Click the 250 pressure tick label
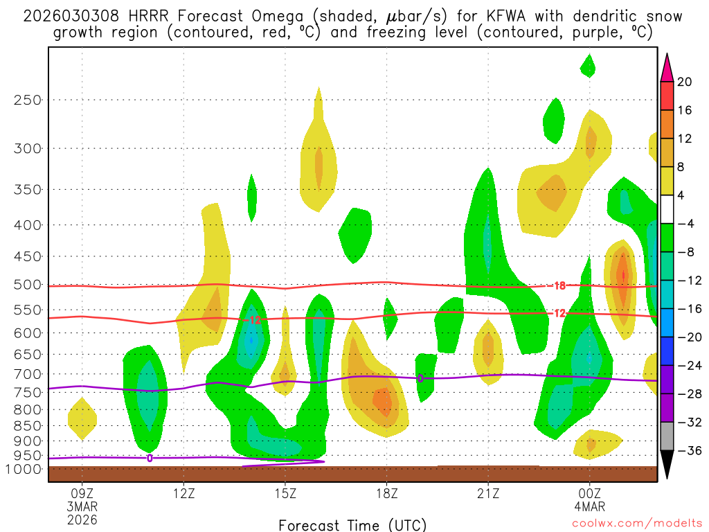click(x=28, y=100)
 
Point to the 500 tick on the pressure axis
click(x=28, y=285)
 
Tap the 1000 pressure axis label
click(x=26, y=469)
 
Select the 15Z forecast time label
click(x=285, y=495)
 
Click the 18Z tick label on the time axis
click(x=386, y=495)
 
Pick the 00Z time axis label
click(x=589, y=495)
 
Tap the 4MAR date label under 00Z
click(x=589, y=507)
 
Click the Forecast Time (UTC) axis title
click(x=352, y=525)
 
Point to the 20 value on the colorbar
click(x=685, y=82)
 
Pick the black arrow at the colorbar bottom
click(x=667, y=465)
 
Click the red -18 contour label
click(x=559, y=285)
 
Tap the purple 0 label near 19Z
click(x=420, y=378)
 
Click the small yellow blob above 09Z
click(x=82, y=418)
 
